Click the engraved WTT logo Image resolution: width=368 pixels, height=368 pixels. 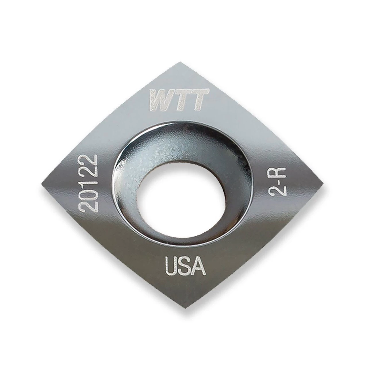click(x=179, y=99)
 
